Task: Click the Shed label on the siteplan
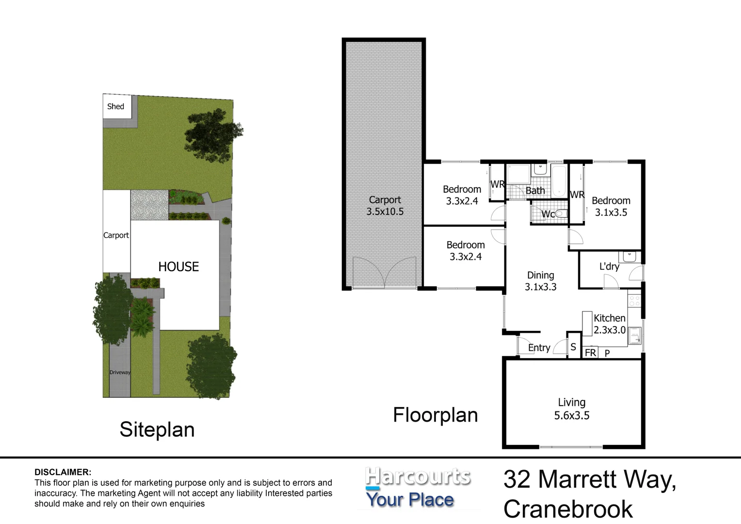(115, 107)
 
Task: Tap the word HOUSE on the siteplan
(178, 267)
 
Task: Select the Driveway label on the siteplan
(120, 373)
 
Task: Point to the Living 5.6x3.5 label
(572, 409)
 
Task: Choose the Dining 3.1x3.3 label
(540, 281)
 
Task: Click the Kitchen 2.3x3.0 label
(609, 324)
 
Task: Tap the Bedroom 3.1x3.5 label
(611, 206)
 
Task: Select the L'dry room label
(609, 266)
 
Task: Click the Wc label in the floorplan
(548, 214)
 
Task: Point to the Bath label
(535, 191)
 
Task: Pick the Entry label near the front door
(539, 348)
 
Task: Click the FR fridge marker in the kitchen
(590, 353)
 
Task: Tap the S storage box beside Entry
(573, 347)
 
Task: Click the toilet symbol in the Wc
(561, 213)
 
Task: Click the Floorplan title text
(435, 415)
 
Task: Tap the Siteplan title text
(157, 430)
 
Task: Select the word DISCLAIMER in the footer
(63, 472)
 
